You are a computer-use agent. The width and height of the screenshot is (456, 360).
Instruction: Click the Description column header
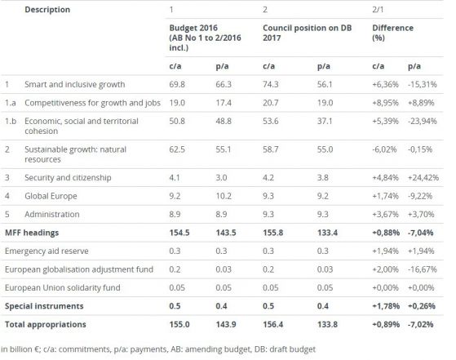coord(47,10)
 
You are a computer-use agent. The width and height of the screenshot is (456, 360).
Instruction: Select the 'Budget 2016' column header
coord(205,38)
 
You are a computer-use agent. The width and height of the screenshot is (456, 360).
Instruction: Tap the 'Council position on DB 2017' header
coord(307,33)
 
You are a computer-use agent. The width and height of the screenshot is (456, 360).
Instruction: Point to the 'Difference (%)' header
coord(392,33)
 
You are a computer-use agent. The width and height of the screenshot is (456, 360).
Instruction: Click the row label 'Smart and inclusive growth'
coord(75,84)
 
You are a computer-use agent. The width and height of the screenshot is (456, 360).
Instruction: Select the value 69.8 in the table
coord(177,84)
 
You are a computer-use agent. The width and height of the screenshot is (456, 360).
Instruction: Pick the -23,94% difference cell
coord(423,121)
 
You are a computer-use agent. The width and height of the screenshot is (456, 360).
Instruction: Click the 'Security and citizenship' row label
coord(68,177)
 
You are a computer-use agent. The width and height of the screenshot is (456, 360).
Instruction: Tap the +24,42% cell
coord(423,177)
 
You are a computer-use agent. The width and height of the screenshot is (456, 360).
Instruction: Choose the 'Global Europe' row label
coord(51,196)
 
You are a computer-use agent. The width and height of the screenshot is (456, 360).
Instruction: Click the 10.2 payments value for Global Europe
coord(224,196)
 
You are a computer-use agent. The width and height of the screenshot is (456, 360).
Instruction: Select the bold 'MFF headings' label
coord(32,233)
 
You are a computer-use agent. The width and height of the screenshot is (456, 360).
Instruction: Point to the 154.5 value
coord(179,233)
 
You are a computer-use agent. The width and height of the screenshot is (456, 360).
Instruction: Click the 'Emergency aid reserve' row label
coord(46,251)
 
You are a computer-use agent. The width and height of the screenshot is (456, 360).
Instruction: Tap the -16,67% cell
coord(423,269)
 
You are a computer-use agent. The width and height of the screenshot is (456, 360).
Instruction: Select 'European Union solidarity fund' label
coord(63,288)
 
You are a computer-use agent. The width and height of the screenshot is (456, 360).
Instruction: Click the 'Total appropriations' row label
coord(46,325)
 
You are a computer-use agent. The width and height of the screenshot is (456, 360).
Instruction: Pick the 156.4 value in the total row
coord(273,325)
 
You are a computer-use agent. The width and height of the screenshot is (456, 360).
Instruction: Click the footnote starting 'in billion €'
coord(158,349)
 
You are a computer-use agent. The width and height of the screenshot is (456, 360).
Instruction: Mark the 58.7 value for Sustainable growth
coord(271,149)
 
